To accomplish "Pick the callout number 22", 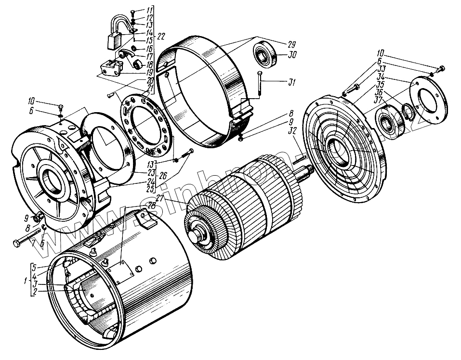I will (160, 37).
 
